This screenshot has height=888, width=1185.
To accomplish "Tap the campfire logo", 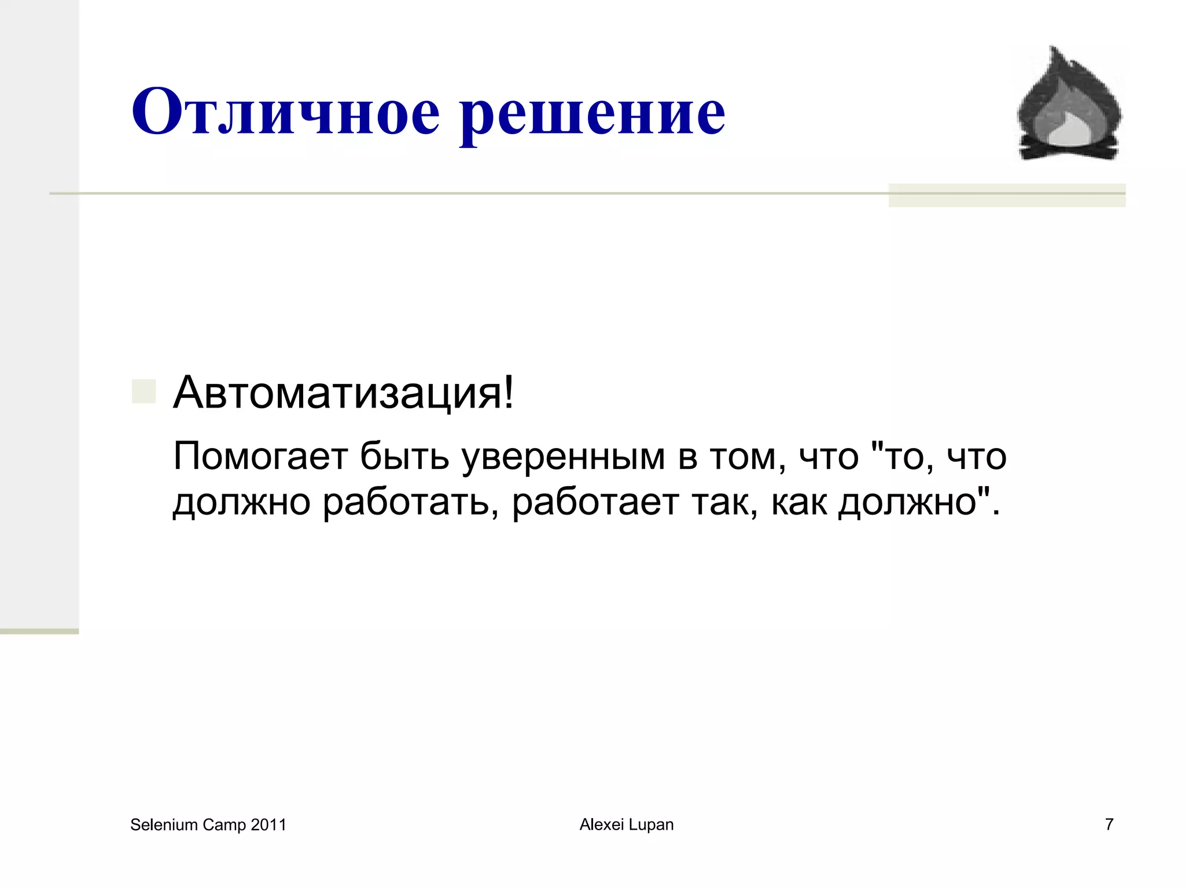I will pos(1069,104).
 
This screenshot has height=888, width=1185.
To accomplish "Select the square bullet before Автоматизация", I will pos(144,391).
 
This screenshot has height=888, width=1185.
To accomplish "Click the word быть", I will pos(404,456).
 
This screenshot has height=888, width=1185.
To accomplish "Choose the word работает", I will pos(595,502).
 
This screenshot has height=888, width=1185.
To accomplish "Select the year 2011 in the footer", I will pos(268,825).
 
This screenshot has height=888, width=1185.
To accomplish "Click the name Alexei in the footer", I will pos(600,825).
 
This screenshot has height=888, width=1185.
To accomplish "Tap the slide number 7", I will pos(1109,824).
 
